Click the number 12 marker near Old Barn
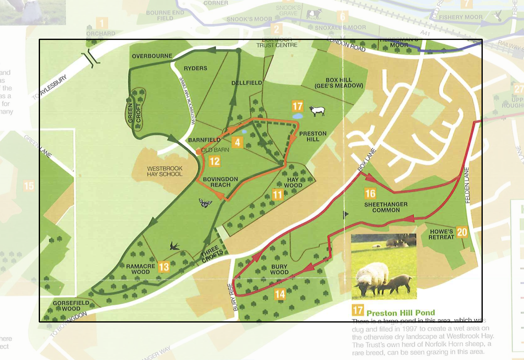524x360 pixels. [215, 161]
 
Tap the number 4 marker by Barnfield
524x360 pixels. [237, 142]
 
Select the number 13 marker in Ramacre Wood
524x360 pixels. [164, 266]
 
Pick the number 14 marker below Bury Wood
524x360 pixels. [280, 294]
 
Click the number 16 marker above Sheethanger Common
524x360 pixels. [370, 193]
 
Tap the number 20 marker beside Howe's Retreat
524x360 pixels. [462, 232]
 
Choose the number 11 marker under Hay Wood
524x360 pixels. [278, 194]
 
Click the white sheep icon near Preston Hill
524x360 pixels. [317, 111]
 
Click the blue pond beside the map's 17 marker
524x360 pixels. [298, 117]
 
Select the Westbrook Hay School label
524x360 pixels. [165, 171]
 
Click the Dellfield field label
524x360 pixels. [247, 83]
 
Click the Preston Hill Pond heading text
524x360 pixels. [400, 313]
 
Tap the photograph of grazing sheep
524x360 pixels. [384, 267]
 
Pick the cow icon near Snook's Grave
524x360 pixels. [313, 15]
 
